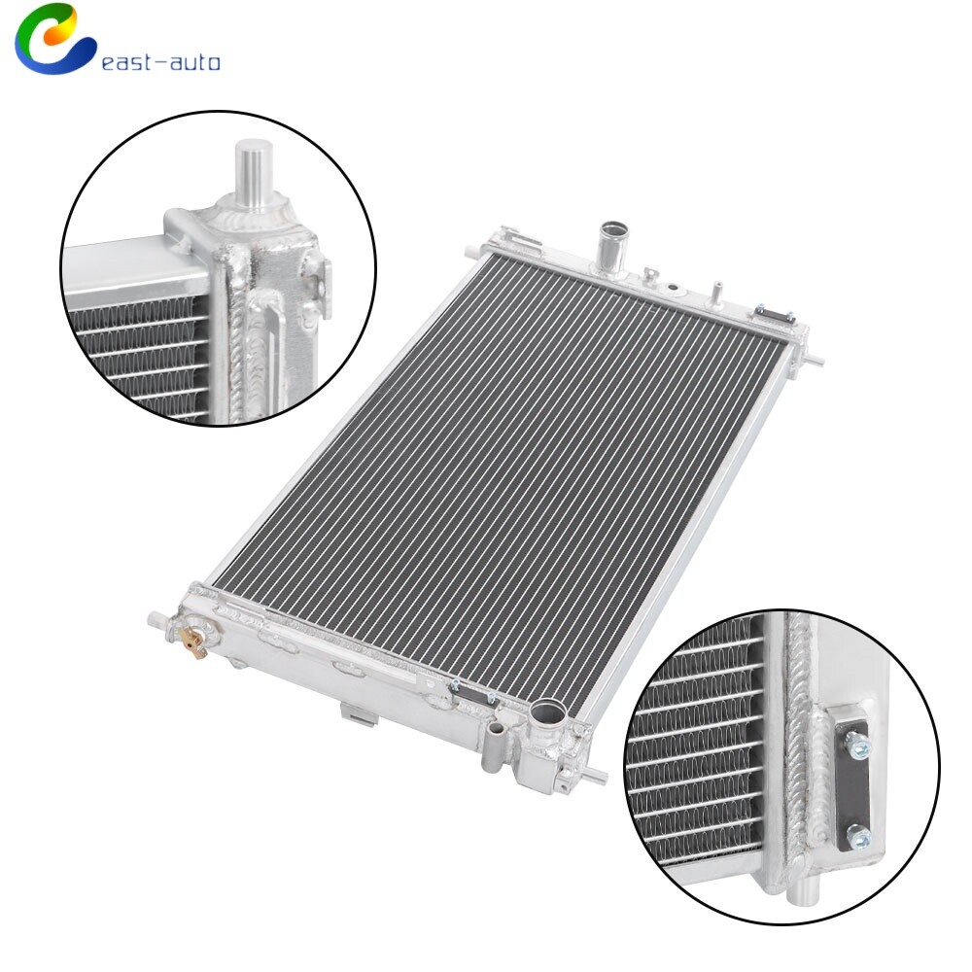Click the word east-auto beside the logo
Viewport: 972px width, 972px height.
[160, 63]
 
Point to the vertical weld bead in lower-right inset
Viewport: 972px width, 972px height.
[799, 739]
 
